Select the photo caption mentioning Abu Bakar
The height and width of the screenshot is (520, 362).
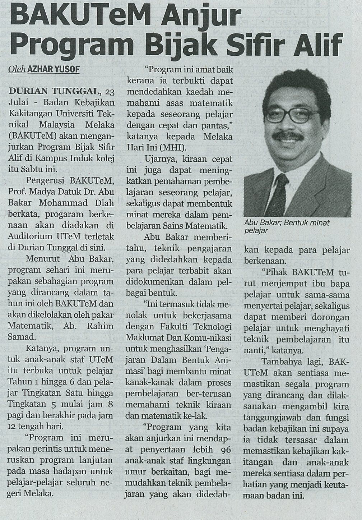pos(286,227)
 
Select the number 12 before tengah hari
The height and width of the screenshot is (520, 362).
pos(13,427)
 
